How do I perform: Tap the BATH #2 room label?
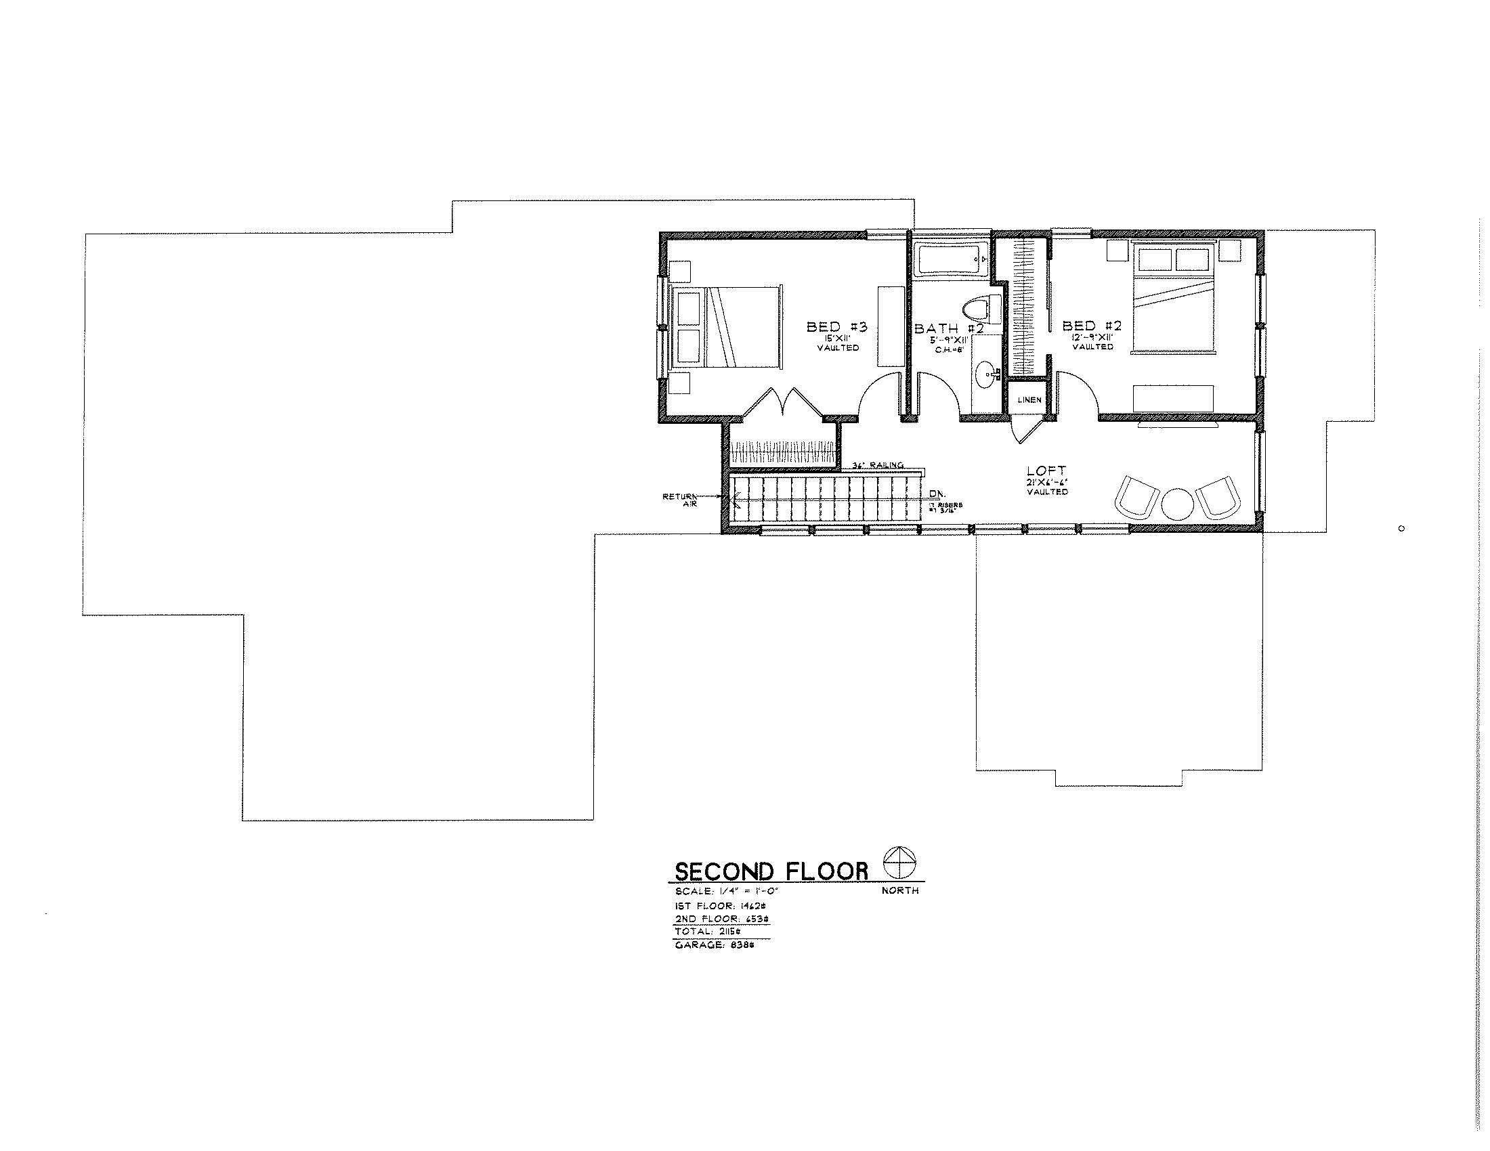tap(949, 328)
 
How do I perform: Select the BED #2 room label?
tap(1092, 326)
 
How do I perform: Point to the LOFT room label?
tap(1046, 471)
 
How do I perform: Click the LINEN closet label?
tap(1029, 399)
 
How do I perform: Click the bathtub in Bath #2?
tap(951, 260)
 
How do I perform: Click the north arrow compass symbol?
tap(900, 863)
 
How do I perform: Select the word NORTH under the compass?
tap(900, 890)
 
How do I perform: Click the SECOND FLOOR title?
tap(771, 871)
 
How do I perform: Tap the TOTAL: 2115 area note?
tap(712, 931)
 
